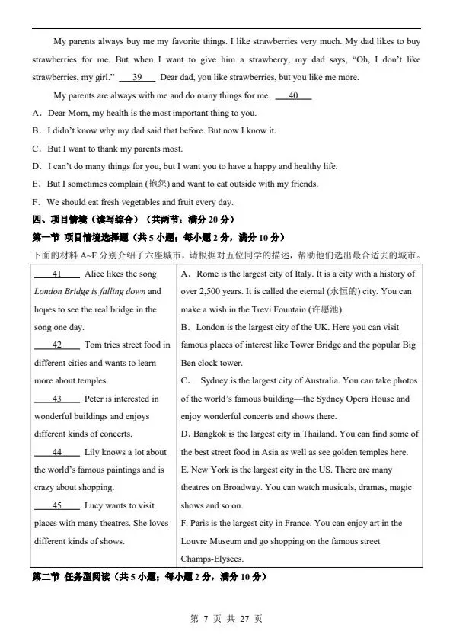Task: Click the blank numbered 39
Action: pyautogui.click(x=137, y=77)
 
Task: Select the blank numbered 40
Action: pyautogui.click(x=293, y=95)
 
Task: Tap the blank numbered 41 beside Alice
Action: pyautogui.click(x=57, y=274)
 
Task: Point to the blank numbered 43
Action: pyautogui.click(x=57, y=399)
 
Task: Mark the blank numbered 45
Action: pyautogui.click(x=57, y=505)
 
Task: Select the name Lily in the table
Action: pyautogui.click(x=92, y=452)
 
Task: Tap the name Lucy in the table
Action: pyautogui.click(x=94, y=505)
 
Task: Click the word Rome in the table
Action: pyautogui.click(x=208, y=274)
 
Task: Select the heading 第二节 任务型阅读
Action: pyautogui.click(x=83, y=577)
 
